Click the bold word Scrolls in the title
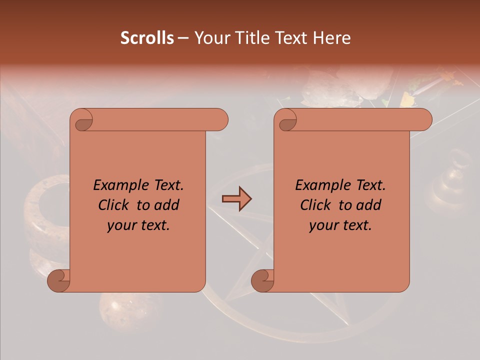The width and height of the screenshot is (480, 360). pyautogui.click(x=147, y=38)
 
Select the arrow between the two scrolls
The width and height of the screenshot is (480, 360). pyautogui.click(x=236, y=199)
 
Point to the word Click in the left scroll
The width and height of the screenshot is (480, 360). pyautogui.click(x=115, y=205)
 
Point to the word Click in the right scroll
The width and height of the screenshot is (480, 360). pyautogui.click(x=317, y=205)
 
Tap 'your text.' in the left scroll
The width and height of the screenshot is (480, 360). pyautogui.click(x=138, y=225)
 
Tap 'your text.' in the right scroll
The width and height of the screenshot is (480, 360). pyautogui.click(x=340, y=225)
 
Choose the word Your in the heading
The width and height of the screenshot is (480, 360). pyautogui.click(x=210, y=38)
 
